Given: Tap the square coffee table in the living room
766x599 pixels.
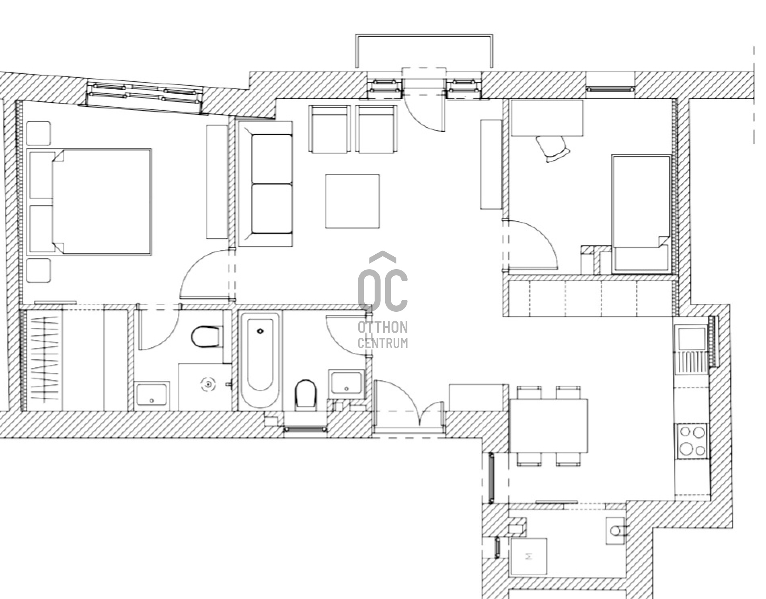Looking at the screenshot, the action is click(352, 201).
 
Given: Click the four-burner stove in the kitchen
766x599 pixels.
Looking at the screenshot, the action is click(692, 441).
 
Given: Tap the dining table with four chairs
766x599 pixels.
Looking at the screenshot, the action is click(548, 425).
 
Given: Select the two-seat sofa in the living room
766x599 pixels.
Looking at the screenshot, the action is click(265, 184).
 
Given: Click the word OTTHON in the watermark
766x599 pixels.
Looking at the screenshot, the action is click(383, 327).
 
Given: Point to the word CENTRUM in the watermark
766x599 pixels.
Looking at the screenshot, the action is click(383, 343).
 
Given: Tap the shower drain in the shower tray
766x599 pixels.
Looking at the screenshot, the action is click(208, 384).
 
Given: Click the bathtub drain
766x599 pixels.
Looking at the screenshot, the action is click(260, 331).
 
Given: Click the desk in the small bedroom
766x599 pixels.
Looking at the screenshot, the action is click(547, 118).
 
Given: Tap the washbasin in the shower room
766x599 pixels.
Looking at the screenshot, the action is click(152, 395).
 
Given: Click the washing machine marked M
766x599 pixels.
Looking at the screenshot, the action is click(528, 556).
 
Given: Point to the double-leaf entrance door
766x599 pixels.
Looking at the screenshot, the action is click(409, 406).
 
